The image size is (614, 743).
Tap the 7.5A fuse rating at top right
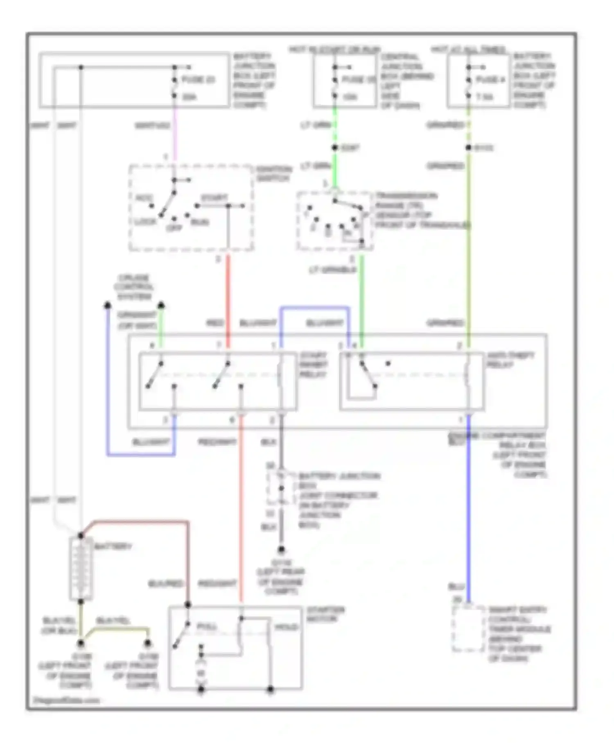(484, 97)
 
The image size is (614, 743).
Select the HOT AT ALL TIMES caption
(468, 50)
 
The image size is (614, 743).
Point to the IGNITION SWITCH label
(273, 174)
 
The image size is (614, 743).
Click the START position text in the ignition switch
(214, 198)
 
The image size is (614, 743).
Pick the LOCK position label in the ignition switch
(145, 222)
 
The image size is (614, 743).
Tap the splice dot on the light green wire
(335, 148)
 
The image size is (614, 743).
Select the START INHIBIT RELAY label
(313, 365)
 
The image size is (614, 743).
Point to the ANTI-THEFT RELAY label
(510, 360)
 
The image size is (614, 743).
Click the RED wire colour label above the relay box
(214, 324)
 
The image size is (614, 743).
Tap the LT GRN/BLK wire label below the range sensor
(332, 270)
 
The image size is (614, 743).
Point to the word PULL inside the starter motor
(207, 627)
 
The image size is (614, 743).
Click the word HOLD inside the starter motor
(286, 627)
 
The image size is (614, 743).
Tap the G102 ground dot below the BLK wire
(281, 550)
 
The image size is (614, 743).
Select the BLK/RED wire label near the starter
(165, 584)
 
